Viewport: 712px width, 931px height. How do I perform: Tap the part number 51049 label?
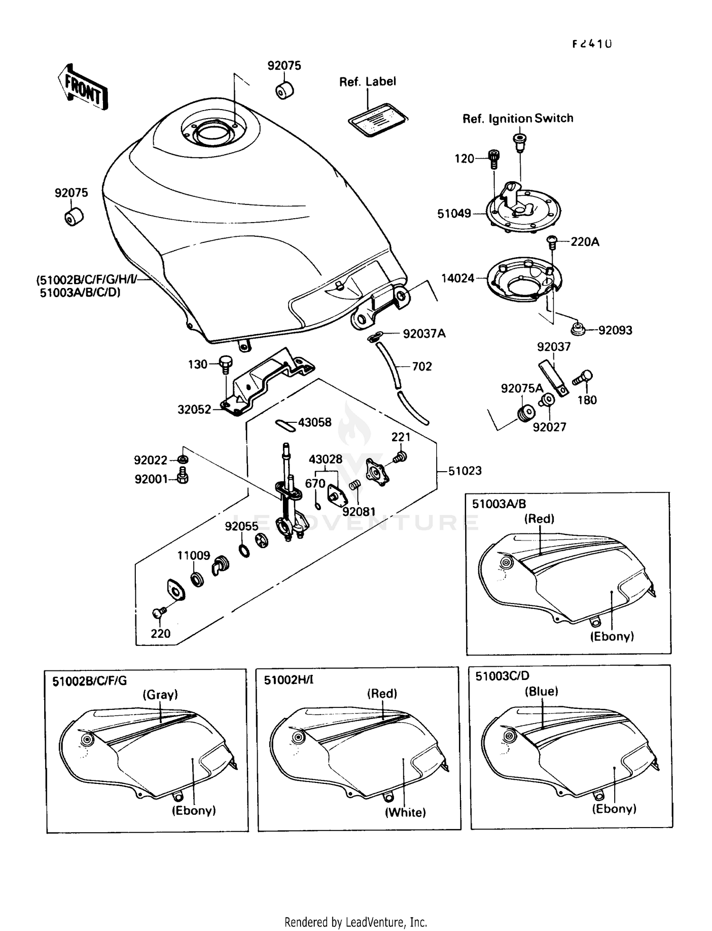(x=454, y=214)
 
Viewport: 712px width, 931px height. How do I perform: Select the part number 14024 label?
(x=458, y=279)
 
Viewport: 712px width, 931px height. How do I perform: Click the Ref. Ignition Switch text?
(x=518, y=119)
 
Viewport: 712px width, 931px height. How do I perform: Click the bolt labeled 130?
(x=225, y=364)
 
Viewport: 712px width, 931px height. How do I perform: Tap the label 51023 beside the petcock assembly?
(x=465, y=471)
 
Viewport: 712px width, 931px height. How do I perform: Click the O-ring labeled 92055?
(x=244, y=550)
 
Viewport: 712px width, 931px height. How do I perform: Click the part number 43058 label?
(x=315, y=422)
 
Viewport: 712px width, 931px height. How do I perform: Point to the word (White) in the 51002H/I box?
(x=405, y=812)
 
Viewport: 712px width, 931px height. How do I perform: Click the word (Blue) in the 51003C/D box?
(x=541, y=691)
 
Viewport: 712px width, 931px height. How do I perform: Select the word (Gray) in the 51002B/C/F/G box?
(x=160, y=695)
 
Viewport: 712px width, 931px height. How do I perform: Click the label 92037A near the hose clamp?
(x=424, y=334)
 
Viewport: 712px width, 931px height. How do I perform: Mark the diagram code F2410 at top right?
(x=591, y=44)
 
